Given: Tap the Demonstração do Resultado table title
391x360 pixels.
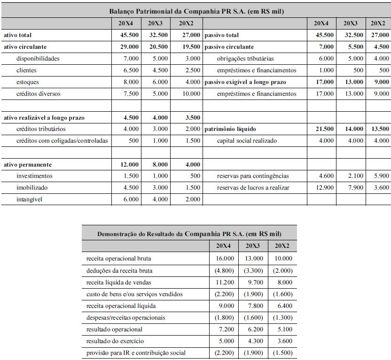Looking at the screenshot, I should pos(189,233).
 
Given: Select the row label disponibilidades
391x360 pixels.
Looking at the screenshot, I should pos(38,59).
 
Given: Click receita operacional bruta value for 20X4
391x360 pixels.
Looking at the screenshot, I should pos(224,258).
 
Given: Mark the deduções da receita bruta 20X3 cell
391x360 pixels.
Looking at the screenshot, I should pos(253,270).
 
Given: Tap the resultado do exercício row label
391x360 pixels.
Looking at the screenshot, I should pos(115,341).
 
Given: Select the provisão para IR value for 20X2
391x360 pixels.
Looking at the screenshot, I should pos(282,352).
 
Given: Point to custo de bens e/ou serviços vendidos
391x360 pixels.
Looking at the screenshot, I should pos(134,294).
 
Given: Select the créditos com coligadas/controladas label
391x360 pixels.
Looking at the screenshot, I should pos(62,141).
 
